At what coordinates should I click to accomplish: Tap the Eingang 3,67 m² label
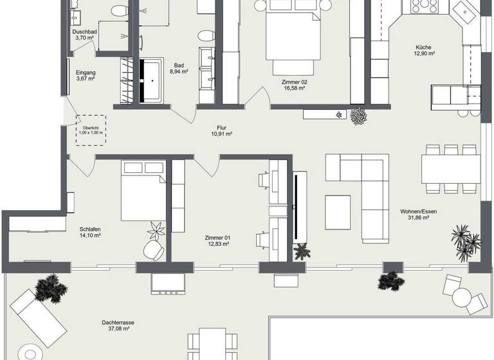click(85, 76)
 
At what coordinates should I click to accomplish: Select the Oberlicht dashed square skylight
click(91, 130)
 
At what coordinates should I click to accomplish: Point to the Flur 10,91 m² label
click(221, 130)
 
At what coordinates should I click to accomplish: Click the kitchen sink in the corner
click(464, 11)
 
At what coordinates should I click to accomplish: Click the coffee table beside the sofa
click(338, 212)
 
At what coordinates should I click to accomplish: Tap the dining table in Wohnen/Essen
click(451, 169)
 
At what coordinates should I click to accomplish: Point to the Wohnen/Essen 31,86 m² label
click(414, 214)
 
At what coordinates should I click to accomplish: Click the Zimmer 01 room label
click(217, 240)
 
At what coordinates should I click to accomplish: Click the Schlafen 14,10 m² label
click(90, 232)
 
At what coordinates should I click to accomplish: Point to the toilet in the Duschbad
click(119, 11)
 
